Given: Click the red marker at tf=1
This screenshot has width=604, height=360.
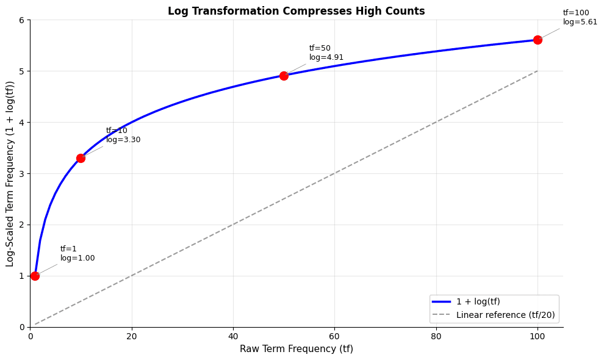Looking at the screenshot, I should point(35,276).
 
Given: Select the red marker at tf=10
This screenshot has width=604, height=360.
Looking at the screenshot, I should point(81,158).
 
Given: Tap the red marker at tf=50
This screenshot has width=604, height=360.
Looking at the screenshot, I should point(284,76).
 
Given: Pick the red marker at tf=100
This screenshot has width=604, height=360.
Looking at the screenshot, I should point(537,40).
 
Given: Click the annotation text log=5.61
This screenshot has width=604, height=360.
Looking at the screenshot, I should point(580,22).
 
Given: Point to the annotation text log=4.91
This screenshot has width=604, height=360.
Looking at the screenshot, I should point(326,57).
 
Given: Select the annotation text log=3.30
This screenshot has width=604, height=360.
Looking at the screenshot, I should point(123,140).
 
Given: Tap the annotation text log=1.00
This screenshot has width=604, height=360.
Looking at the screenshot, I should point(77,258).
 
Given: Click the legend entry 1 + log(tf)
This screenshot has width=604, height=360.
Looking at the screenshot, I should point(478,301).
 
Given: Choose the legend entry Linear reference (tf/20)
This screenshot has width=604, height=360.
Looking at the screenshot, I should point(505,315).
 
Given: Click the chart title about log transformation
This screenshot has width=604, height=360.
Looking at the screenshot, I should point(296,11).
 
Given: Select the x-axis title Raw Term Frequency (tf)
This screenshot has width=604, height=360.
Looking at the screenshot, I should point(296,349).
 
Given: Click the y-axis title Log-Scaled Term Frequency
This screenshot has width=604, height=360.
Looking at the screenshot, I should point(10,173).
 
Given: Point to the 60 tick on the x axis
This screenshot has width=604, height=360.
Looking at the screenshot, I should point(334,335).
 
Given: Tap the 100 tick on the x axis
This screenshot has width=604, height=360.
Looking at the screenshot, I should point(537,335).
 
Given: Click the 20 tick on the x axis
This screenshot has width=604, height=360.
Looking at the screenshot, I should point(132,335).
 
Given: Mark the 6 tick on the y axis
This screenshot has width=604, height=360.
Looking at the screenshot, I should point(21,20).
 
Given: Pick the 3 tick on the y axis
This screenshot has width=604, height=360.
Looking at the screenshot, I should point(21,173).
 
